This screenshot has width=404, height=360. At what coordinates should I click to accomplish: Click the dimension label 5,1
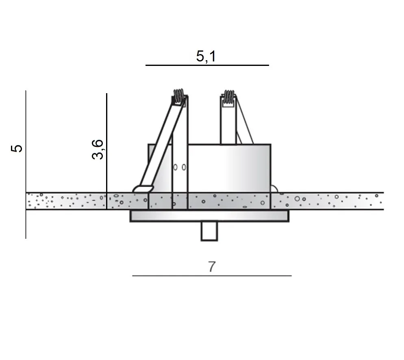[x=206, y=56]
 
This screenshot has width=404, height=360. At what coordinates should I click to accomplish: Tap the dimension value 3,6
[x=98, y=149]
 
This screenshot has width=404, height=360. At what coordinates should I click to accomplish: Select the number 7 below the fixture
[x=211, y=267]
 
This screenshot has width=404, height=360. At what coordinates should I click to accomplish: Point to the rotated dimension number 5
[x=17, y=148]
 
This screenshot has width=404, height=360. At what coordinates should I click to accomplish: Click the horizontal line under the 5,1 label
[x=207, y=65]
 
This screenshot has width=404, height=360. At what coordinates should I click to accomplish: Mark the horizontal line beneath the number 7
[x=211, y=275]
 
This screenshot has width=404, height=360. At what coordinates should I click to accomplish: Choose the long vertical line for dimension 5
[x=26, y=163]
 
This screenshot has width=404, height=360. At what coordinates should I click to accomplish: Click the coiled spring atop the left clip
[x=178, y=96]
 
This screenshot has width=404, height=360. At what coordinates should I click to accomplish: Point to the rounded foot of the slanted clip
[x=143, y=189]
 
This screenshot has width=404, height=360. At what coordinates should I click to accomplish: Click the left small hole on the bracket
[x=175, y=167]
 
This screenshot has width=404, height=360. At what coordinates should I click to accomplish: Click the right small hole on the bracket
[x=184, y=167]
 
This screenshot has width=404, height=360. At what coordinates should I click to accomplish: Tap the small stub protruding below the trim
[x=209, y=231]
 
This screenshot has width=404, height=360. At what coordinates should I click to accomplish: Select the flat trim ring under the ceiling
[x=209, y=216]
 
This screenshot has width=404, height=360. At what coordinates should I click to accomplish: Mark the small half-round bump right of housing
[x=274, y=189]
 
